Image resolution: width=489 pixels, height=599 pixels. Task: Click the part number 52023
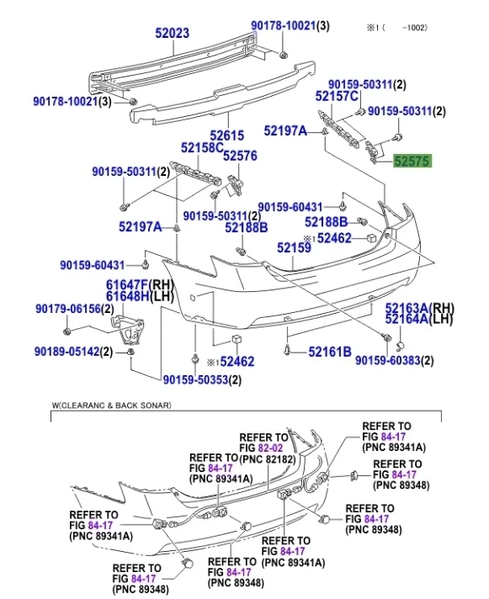(172, 34)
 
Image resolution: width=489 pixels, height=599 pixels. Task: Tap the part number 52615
(226, 135)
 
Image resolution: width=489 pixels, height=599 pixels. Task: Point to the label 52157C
(337, 98)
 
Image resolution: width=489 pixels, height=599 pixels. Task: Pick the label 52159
(294, 248)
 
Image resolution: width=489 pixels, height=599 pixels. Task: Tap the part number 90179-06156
(73, 310)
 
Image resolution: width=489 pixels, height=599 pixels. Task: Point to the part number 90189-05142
(73, 352)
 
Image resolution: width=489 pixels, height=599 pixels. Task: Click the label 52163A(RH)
(418, 308)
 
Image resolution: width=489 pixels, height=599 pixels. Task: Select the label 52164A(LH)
(418, 319)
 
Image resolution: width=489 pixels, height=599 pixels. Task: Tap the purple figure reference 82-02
(272, 448)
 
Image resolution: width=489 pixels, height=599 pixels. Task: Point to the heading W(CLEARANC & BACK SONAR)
(111, 406)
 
